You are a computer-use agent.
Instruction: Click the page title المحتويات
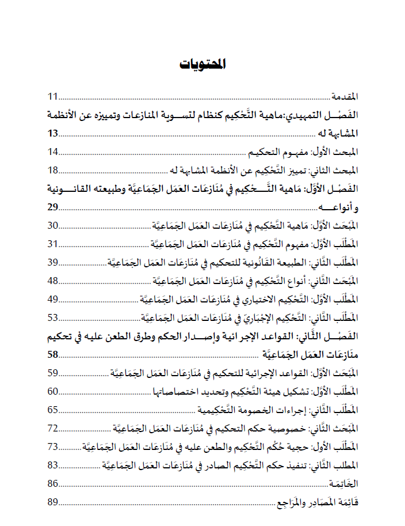pos(202,63)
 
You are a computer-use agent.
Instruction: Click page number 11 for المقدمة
pos(53,96)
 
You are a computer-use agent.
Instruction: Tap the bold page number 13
pos(53,134)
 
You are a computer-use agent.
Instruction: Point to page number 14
pos(53,152)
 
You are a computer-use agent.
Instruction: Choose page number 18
pos(53,170)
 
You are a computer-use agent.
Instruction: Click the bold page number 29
pos(53,207)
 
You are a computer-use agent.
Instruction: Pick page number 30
pos(53,225)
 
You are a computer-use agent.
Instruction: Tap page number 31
pos(53,244)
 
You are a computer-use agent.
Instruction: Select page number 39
pos(53,262)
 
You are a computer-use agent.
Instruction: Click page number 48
pos(53,281)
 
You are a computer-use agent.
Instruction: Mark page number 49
pos(53,299)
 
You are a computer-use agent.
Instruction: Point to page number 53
pos(53,317)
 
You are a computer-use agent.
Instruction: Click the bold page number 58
pos(53,354)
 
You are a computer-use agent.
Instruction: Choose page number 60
pos(53,391)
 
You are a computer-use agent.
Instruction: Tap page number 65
pos(53,410)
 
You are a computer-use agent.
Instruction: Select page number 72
pos(53,428)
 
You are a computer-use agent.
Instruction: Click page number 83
pos(53,465)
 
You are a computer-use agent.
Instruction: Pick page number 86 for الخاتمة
pos(53,483)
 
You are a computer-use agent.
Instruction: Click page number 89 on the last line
pos(53,502)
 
